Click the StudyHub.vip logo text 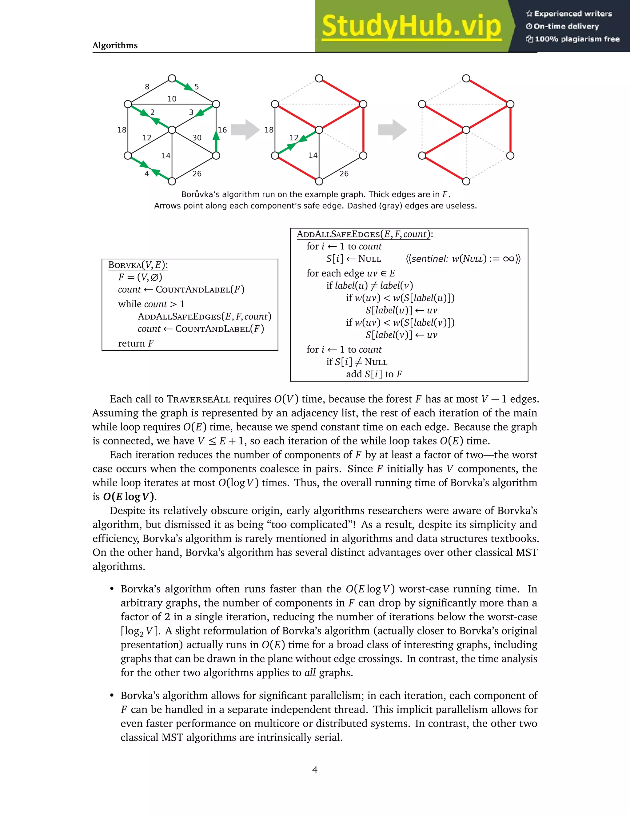[x=411, y=26]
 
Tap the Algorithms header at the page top [x=115, y=46]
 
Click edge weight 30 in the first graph [x=197, y=138]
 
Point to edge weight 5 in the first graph [x=197, y=87]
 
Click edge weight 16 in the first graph [x=222, y=130]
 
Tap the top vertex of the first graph [x=172, y=78]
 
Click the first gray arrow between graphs [x=245, y=130]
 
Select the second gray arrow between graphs [x=392, y=130]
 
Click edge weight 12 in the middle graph [x=294, y=138]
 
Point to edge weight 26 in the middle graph [x=344, y=173]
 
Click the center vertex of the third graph [x=466, y=130]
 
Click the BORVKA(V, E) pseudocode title [x=138, y=265]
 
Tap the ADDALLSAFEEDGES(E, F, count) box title [x=365, y=234]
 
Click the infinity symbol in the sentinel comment [x=508, y=259]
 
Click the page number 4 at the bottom [x=315, y=770]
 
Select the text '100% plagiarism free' [x=577, y=39]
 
